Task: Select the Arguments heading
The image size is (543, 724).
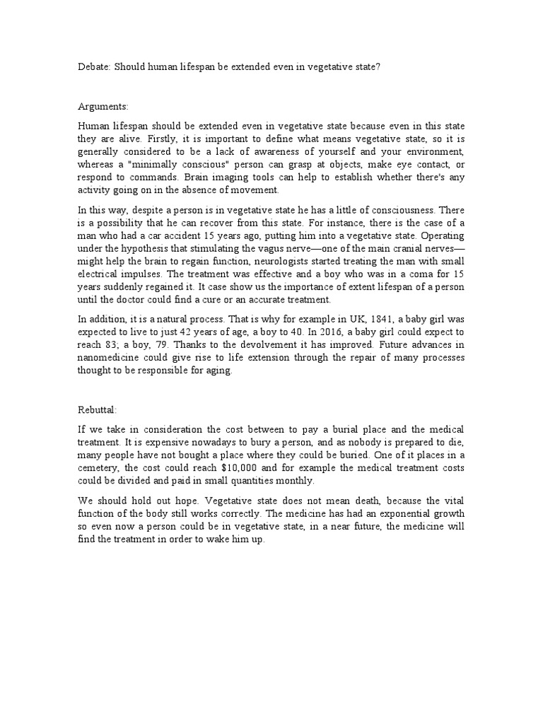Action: click(103, 106)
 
